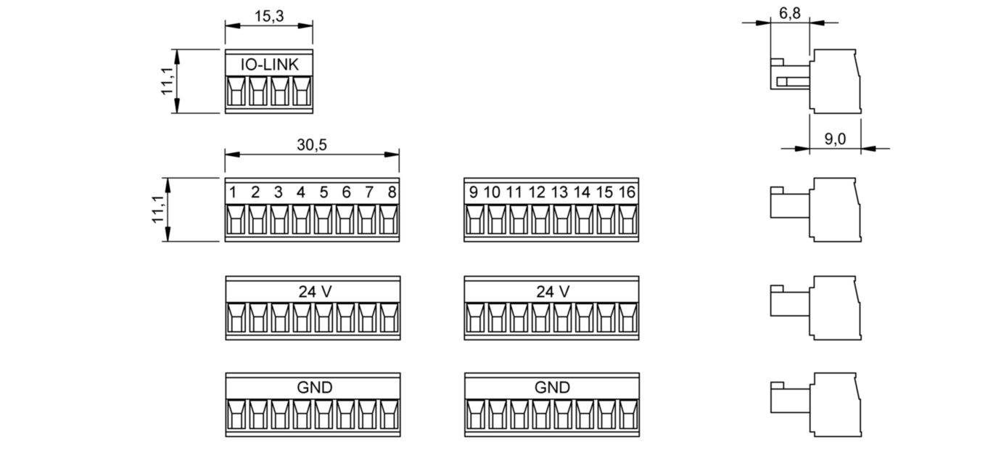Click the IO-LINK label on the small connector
click(x=269, y=65)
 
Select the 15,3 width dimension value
click(x=269, y=16)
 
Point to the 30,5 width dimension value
click(x=312, y=144)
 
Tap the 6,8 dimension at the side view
click(x=788, y=15)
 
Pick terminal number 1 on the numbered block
click(x=234, y=192)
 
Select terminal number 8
click(x=392, y=192)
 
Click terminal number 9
click(x=473, y=192)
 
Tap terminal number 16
click(x=627, y=192)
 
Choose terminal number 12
click(x=537, y=192)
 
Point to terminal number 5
click(x=324, y=192)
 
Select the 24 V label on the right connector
click(x=553, y=291)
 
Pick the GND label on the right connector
click(x=553, y=388)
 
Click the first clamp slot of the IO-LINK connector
click(x=236, y=93)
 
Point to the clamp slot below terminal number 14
click(x=582, y=220)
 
